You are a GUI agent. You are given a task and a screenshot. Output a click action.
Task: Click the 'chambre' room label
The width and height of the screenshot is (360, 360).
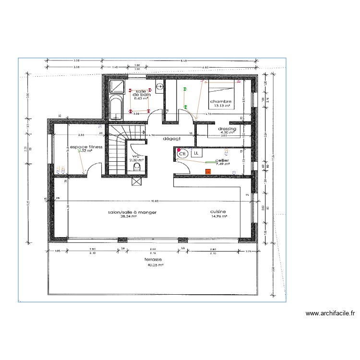pos(221,101)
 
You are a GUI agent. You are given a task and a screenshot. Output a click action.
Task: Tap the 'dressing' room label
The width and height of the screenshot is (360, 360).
pos(227,129)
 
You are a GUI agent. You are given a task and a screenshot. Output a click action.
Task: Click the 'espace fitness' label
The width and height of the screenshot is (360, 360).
pos(86,147)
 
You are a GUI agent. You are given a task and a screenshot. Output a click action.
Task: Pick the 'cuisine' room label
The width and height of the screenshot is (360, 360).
pos(218,211)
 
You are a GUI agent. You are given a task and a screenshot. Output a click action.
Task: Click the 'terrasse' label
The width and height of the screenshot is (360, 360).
pos(154,259)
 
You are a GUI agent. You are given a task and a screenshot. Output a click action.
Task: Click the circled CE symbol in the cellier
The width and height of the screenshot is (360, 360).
pos(183,154)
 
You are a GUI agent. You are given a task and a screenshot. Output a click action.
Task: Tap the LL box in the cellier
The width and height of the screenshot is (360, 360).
pos(196,153)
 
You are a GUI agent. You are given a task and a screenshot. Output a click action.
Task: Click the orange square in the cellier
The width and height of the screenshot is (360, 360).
pos(208,171)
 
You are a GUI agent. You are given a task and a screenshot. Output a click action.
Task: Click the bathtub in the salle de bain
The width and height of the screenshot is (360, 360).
pos(116,108)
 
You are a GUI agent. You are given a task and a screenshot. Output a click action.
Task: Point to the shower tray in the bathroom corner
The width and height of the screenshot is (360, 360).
pos(117,86)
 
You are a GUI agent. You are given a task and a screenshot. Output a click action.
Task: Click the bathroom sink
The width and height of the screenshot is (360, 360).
pos(159,86)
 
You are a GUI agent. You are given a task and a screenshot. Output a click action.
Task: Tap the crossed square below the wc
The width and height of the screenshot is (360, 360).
pos(135,181)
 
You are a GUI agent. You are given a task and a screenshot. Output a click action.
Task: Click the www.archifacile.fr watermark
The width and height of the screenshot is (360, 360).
pos(330,314)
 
